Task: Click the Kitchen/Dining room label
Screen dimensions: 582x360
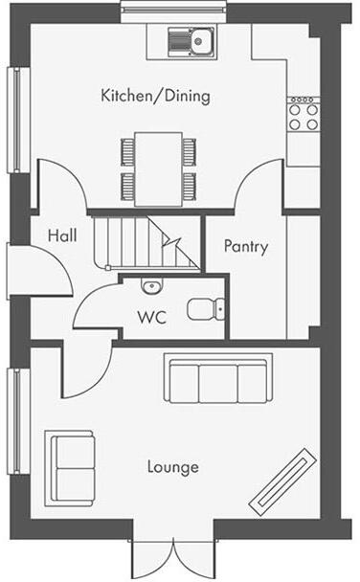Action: pyautogui.click(x=155, y=97)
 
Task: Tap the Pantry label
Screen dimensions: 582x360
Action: pyautogui.click(x=246, y=246)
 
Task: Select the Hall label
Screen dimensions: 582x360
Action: pyautogui.click(x=62, y=235)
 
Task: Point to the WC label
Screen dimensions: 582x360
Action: pyautogui.click(x=152, y=317)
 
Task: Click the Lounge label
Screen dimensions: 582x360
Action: pyautogui.click(x=173, y=467)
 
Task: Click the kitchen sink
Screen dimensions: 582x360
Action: pyautogui.click(x=191, y=40)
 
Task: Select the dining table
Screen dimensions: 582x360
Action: pyautogui.click(x=158, y=169)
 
